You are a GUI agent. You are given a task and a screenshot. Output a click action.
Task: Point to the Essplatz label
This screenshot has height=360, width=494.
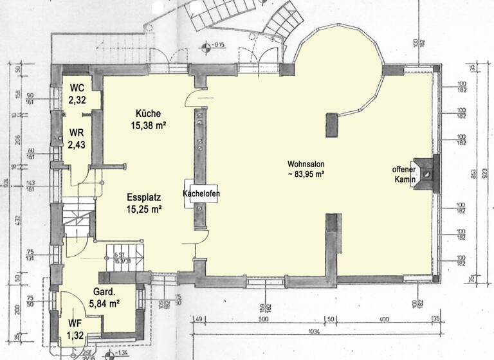coord(143,197)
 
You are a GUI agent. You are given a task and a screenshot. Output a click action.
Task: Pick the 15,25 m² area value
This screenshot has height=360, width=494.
coord(143,210)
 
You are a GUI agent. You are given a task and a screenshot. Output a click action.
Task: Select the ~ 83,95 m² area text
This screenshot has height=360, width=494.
coord(306,174)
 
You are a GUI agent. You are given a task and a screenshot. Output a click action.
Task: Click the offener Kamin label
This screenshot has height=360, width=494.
coord(404,174)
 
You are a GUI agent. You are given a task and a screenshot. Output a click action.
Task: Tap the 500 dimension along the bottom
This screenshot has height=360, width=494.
coord(262,319)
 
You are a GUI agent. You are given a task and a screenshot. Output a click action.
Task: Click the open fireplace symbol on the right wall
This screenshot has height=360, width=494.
coord(427,174)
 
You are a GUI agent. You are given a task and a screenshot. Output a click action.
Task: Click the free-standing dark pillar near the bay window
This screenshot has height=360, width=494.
coord(332,125)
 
